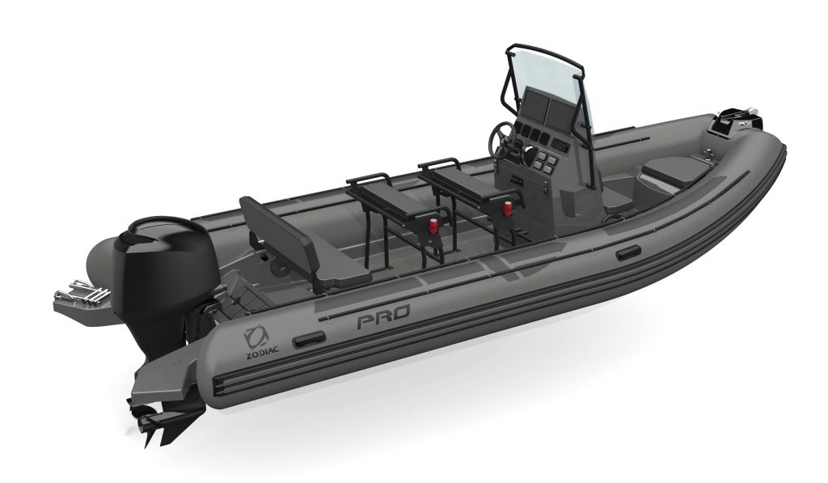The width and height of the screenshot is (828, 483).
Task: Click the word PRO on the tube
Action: point(383,318)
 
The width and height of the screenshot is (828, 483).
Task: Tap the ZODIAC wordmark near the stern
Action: point(263,353)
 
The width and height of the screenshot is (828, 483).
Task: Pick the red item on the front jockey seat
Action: point(508,208)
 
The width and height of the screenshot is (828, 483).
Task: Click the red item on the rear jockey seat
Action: point(433,227)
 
